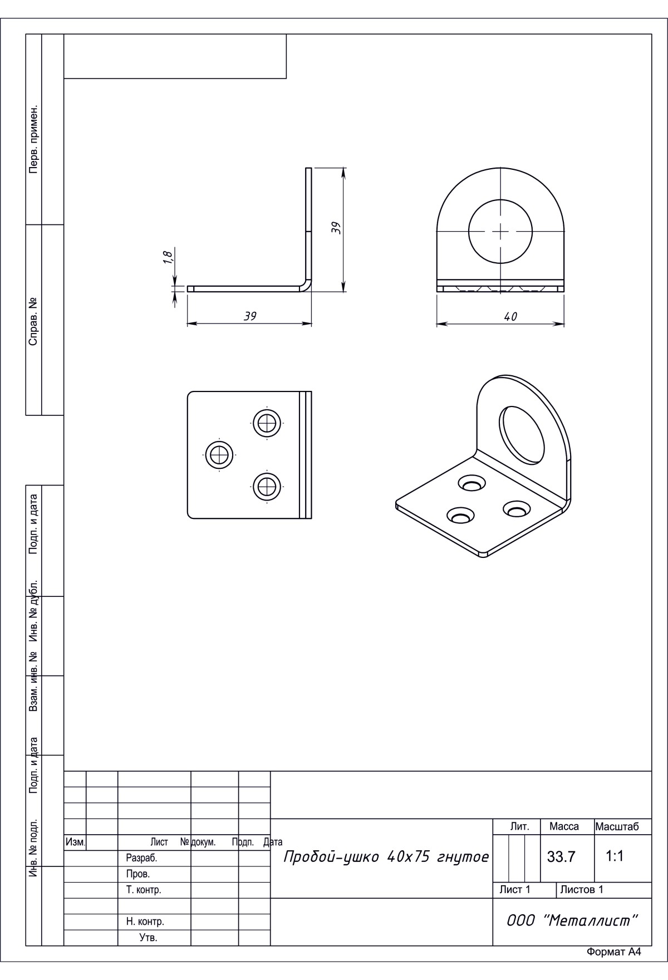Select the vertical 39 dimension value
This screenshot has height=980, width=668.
point(336,227)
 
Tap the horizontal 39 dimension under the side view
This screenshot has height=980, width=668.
point(250,316)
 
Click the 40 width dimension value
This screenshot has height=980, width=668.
point(510,316)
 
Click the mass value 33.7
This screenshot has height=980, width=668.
point(561,857)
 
